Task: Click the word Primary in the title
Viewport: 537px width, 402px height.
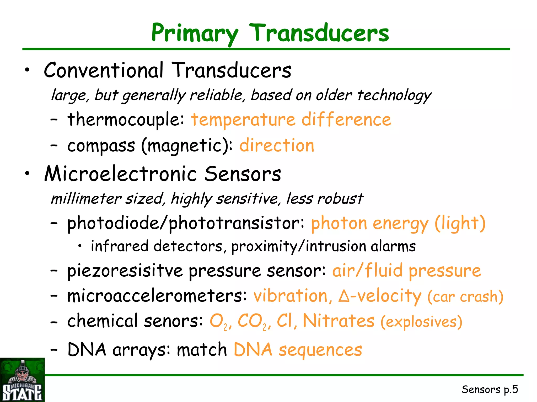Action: pos(195,33)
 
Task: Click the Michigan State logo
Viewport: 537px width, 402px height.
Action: pos(22,380)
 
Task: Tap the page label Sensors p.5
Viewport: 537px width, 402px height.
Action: pos(490,389)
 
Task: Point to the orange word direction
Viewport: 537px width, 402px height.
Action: pos(277,146)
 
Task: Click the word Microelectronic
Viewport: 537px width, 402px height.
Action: pos(121,174)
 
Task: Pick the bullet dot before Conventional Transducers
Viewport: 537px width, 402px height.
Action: pos(27,70)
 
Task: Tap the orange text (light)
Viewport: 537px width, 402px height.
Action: pos(460,223)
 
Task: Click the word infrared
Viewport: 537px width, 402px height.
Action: pos(120,246)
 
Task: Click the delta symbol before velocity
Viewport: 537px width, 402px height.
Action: pos(344,297)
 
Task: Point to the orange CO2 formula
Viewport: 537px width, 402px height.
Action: pos(252,322)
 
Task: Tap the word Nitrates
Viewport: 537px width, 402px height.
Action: pos(339,321)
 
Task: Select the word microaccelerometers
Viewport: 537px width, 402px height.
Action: pos(157,296)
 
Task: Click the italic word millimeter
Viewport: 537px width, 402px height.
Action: pos(86,199)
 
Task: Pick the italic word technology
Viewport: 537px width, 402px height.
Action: pos(394,95)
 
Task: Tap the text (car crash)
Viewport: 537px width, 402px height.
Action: pos(465,297)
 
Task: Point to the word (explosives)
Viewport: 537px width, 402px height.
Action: pos(421,322)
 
